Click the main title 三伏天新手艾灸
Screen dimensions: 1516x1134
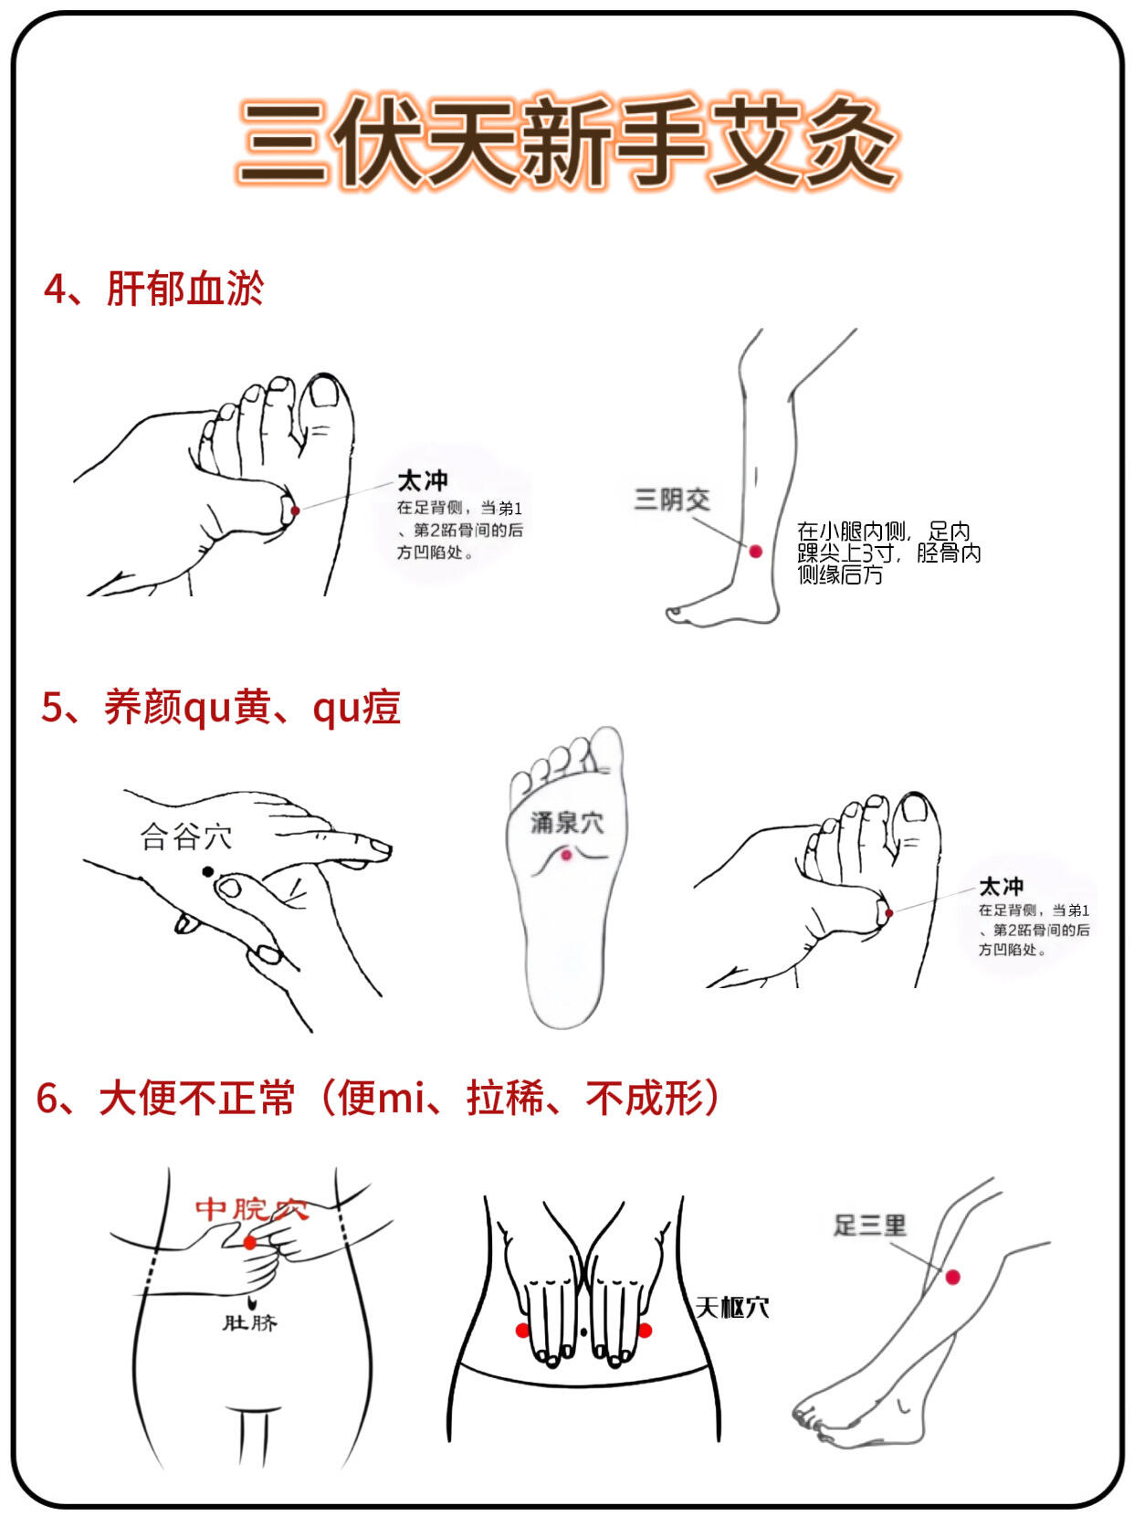point(568,142)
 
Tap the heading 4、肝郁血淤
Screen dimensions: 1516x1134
point(154,289)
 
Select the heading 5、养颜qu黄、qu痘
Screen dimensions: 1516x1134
point(221,707)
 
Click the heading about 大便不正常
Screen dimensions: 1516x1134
point(378,1098)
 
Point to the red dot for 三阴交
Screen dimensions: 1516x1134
point(756,552)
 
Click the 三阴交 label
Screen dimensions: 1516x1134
point(672,500)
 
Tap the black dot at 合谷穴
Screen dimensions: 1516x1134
point(208,872)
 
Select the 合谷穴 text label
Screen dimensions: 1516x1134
point(186,837)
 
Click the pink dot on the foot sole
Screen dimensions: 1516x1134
point(566,855)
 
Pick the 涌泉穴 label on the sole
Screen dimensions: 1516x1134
point(567,823)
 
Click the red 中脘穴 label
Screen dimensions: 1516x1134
point(252,1209)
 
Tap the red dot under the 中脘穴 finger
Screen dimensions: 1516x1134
point(250,1243)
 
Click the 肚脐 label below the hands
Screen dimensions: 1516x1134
point(249,1322)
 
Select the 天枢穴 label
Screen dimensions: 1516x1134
point(732,1308)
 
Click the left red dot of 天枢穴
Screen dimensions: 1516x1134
point(522,1330)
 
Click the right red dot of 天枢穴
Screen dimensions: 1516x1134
point(645,1330)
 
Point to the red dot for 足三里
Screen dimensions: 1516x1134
point(952,1277)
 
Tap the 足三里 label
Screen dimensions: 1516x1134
point(869,1226)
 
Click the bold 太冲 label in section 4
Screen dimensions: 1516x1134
point(423,480)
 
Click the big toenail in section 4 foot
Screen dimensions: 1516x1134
point(324,392)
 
